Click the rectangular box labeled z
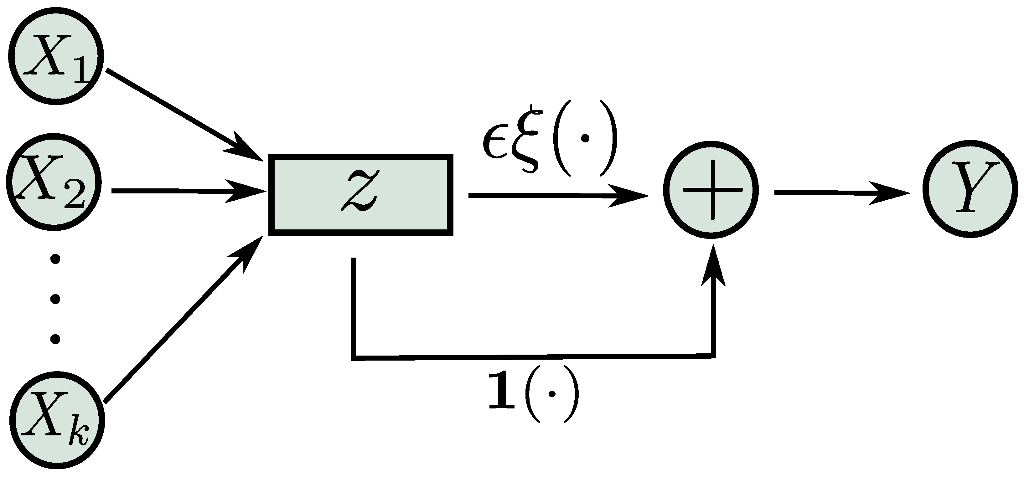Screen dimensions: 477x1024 coord(361,194)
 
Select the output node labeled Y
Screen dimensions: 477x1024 coord(971,189)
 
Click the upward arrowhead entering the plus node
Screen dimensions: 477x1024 coord(713,266)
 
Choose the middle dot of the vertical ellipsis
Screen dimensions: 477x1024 coord(56,298)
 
